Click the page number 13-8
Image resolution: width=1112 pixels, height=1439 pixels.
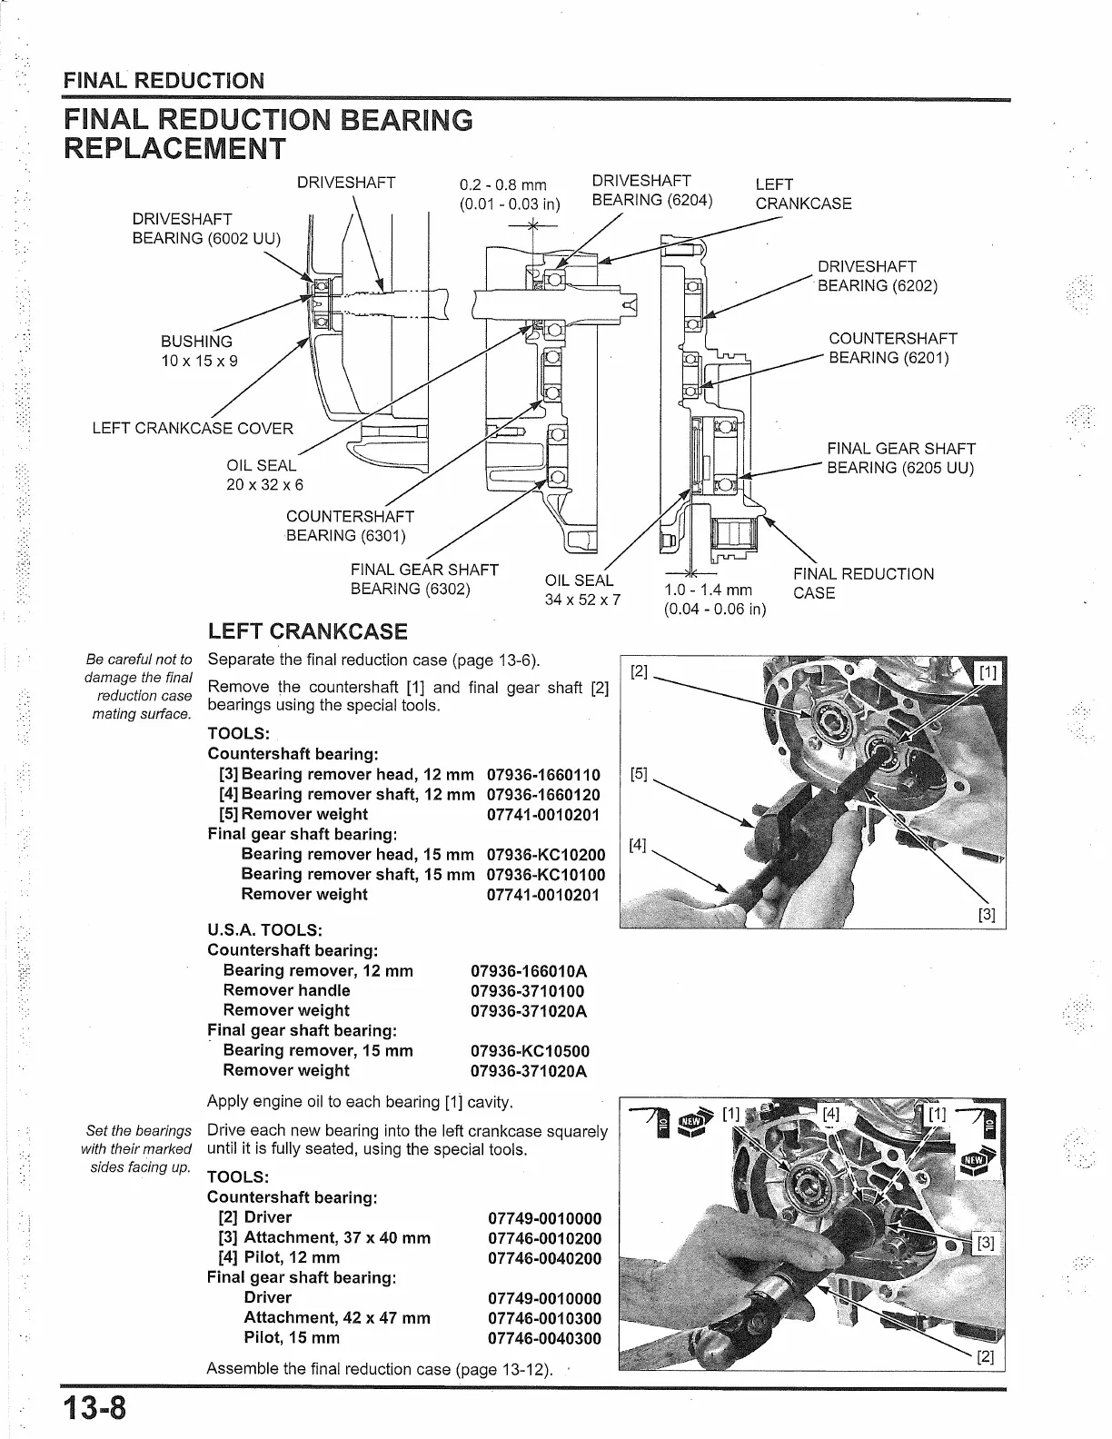pos(95,1409)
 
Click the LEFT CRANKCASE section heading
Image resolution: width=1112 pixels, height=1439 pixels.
pos(307,632)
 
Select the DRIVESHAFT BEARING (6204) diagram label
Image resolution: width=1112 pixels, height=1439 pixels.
pos(651,191)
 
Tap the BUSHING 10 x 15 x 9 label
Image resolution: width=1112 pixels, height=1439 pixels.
pos(197,351)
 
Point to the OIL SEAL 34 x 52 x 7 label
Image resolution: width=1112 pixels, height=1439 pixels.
pos(582,590)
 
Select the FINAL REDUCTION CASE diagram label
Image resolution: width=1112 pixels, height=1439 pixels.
pos(862,583)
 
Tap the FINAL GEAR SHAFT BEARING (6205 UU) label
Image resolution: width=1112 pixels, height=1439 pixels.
pos(899,459)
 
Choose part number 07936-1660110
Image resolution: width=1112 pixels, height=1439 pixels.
pos(543,775)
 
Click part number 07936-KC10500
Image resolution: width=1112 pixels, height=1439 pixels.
pos(529,1051)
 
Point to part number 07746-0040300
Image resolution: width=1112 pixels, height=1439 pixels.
pos(544,1338)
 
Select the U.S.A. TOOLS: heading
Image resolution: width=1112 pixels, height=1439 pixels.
pos(265,930)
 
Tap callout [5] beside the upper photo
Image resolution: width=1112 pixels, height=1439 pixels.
pos(639,774)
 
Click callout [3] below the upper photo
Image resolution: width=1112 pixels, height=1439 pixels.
pos(987,915)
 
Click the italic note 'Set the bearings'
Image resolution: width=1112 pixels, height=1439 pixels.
pos(138,1131)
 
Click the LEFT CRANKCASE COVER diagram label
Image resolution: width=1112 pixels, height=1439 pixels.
pos(193,429)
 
